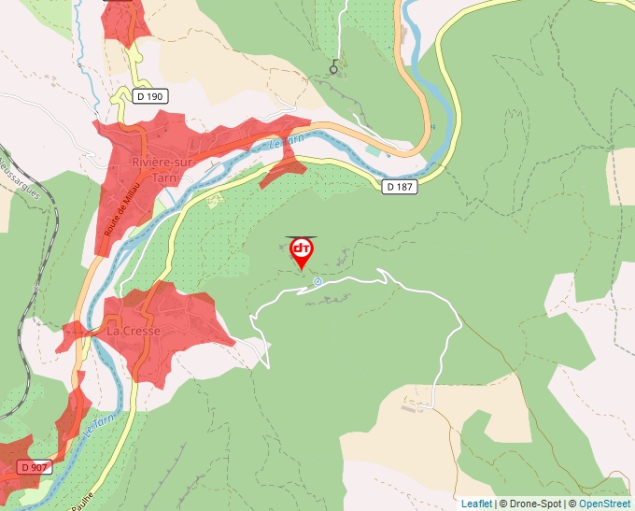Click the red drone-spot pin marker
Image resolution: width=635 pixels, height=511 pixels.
click(x=302, y=250)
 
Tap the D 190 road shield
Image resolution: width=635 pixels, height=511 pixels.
click(x=148, y=95)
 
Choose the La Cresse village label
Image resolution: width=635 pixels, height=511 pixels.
click(x=134, y=331)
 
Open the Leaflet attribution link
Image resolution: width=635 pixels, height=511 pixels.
click(x=476, y=504)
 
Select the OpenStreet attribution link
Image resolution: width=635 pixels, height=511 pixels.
click(x=604, y=504)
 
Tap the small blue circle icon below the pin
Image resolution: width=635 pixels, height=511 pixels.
click(x=317, y=281)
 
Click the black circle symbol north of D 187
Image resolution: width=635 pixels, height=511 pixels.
click(x=333, y=67)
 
